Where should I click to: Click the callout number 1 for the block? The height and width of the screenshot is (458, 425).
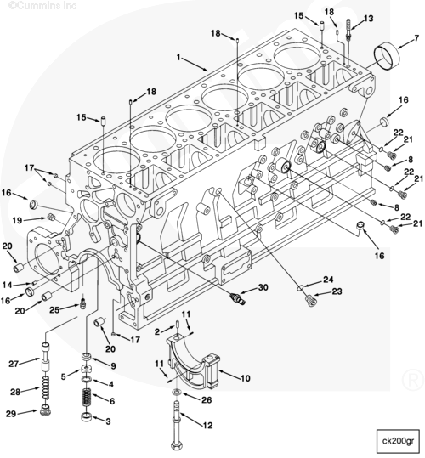(178, 57)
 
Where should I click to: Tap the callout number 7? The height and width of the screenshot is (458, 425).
(416, 38)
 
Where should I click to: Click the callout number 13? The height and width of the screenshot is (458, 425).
(369, 19)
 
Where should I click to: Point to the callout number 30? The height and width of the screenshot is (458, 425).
(263, 287)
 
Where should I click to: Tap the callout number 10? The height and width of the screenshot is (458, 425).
(246, 378)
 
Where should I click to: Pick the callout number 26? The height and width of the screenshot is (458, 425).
(207, 399)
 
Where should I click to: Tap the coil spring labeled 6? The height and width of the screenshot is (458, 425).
(86, 398)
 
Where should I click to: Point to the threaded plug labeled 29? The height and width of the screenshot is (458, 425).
(45, 410)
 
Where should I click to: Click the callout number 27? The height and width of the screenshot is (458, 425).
(14, 364)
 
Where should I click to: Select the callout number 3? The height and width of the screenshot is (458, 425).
(108, 421)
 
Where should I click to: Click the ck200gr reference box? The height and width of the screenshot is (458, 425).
(398, 441)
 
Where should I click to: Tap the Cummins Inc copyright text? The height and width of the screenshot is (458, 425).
(43, 6)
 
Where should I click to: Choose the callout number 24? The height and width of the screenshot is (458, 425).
(328, 280)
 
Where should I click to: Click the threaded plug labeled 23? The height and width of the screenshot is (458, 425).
(310, 301)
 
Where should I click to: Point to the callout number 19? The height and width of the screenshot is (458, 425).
(17, 221)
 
